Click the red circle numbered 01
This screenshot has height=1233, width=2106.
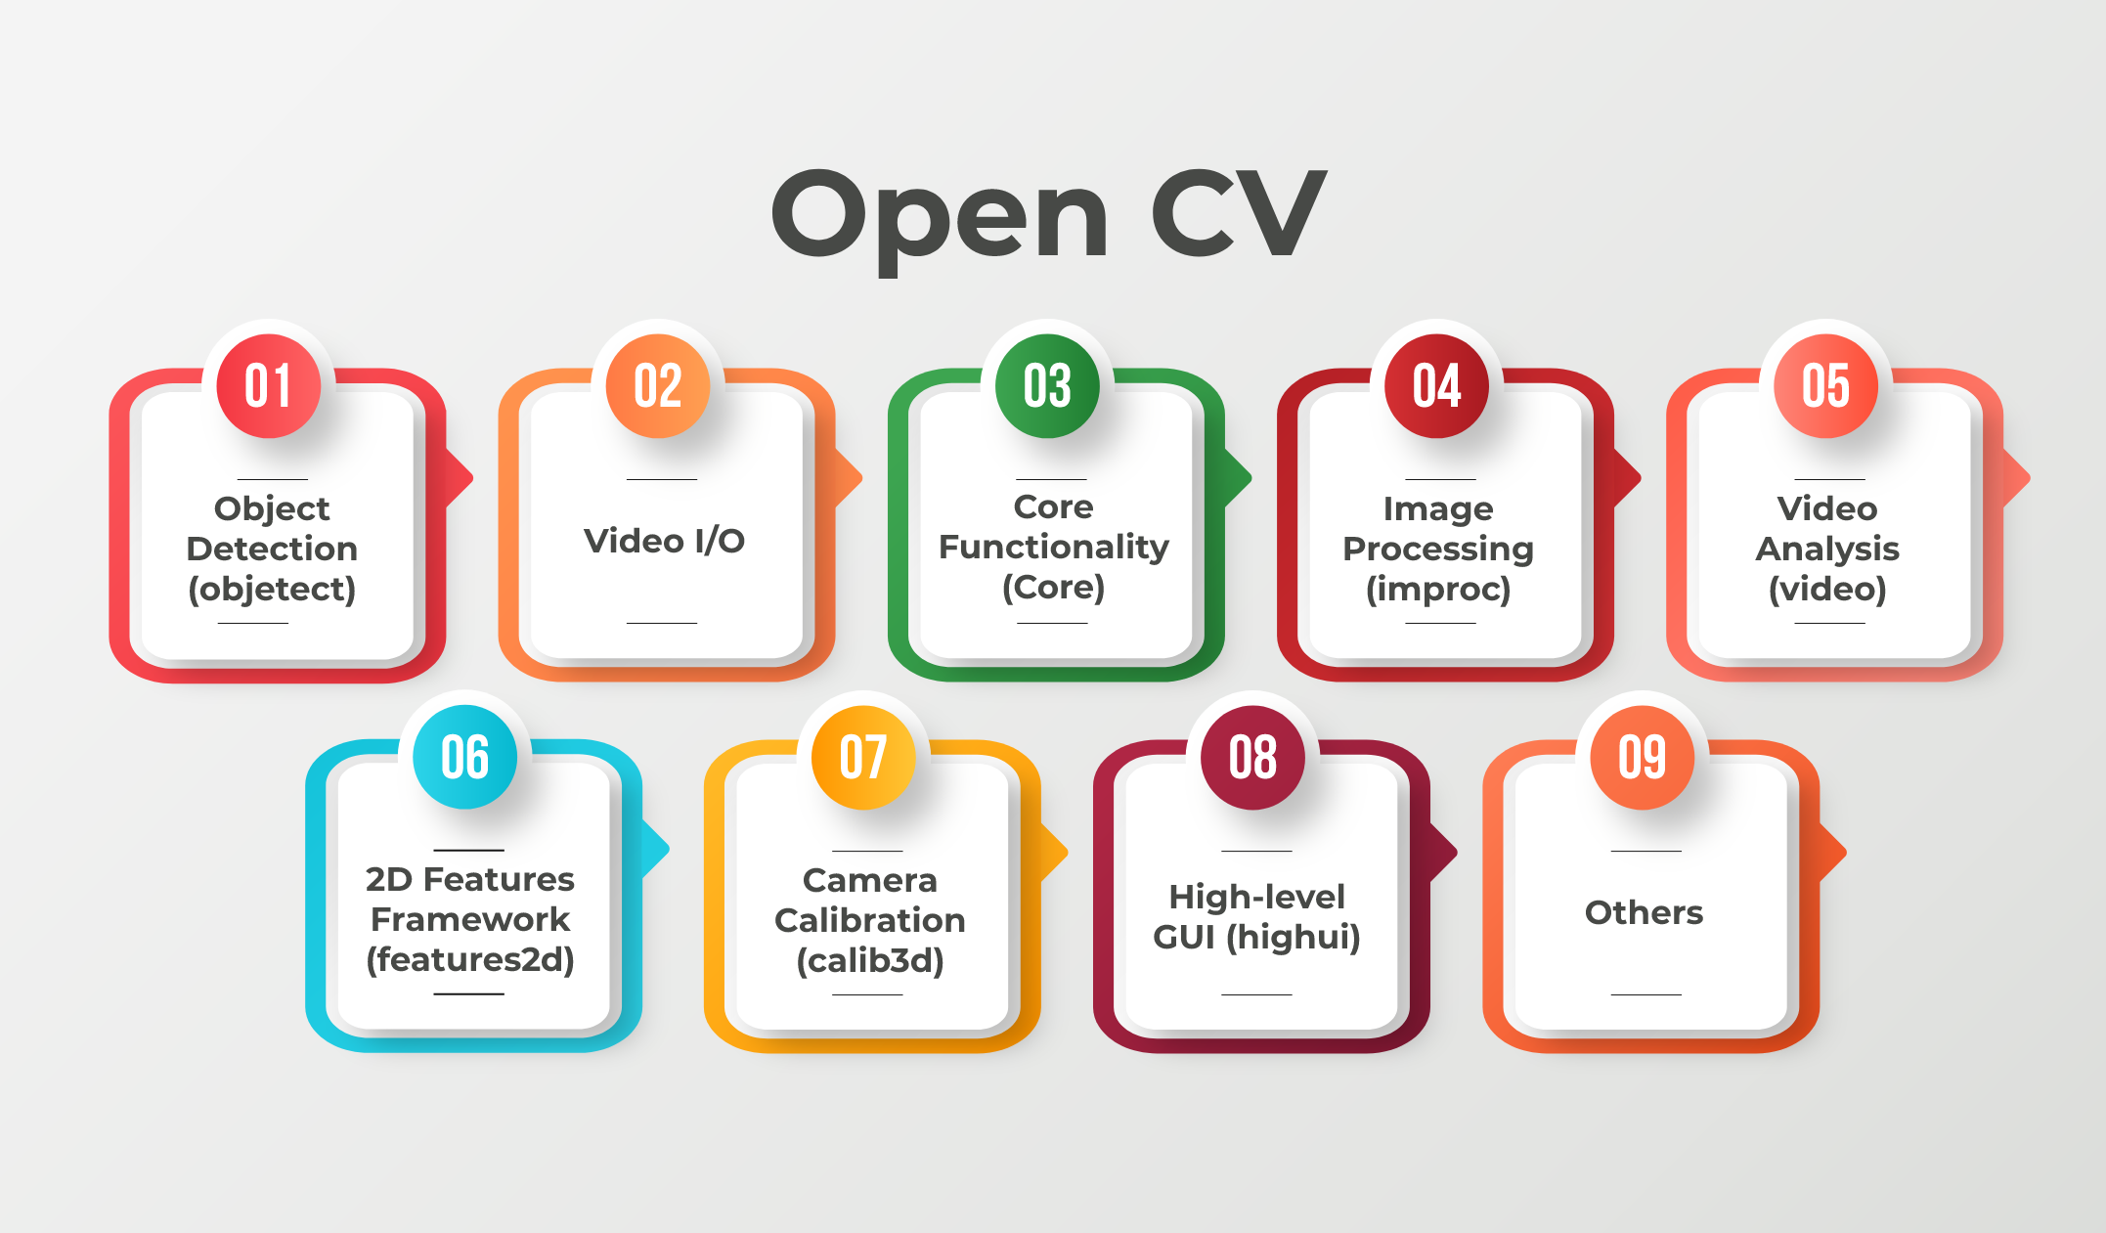(x=269, y=385)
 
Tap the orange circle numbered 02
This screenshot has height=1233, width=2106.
(x=658, y=385)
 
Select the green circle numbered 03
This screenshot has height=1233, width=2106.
(x=1047, y=385)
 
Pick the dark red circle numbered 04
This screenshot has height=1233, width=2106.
(x=1436, y=385)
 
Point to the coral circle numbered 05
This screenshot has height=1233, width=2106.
(x=1825, y=385)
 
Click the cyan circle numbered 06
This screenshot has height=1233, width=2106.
(x=465, y=757)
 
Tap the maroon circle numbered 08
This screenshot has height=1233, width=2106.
(x=1253, y=757)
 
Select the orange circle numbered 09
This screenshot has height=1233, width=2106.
(x=1643, y=757)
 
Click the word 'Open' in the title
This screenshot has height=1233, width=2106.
(x=941, y=220)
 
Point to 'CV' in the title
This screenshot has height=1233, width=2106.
(x=1239, y=212)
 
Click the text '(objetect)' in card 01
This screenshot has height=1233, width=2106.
(x=272, y=590)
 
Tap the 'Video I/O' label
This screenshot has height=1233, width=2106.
(x=664, y=541)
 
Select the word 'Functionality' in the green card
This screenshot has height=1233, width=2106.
(x=1054, y=548)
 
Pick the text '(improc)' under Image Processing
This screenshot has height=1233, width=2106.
(x=1438, y=590)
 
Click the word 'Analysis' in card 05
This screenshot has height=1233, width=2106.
(x=1827, y=550)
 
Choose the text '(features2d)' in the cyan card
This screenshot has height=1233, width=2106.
(x=470, y=960)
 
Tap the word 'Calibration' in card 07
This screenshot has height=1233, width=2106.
(x=870, y=920)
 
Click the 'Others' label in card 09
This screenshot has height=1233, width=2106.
(x=1644, y=912)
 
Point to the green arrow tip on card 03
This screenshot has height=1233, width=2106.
(x=1250, y=478)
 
